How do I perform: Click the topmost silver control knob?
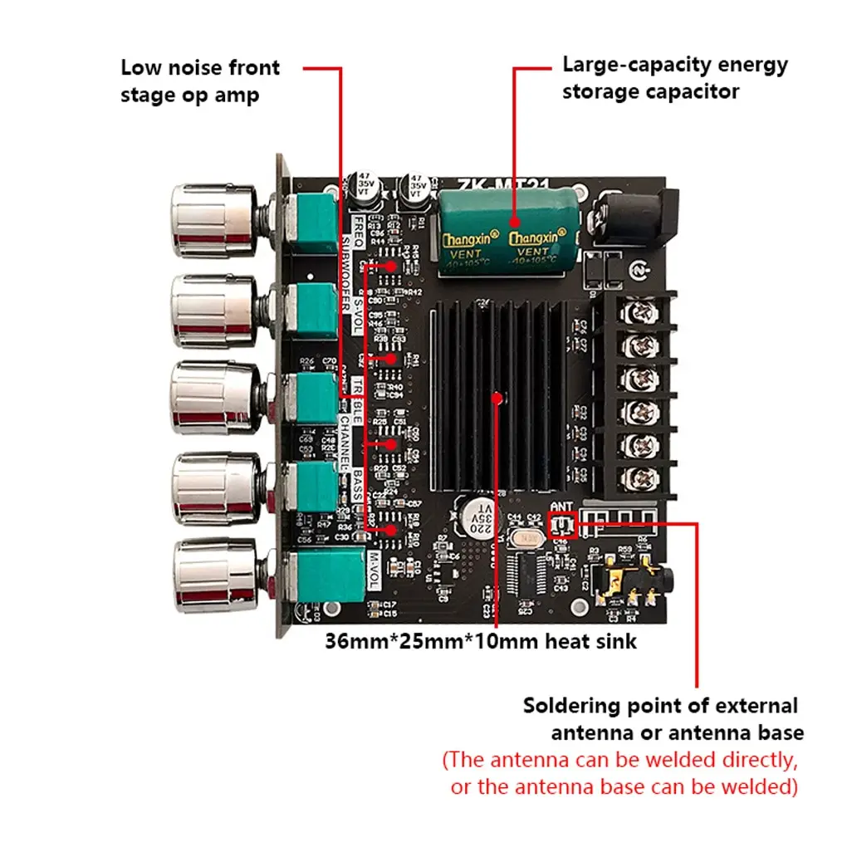point(213,220)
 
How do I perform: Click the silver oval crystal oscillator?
point(524,539)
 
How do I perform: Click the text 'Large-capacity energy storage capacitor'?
point(674,77)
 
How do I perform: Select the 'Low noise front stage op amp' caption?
point(200,81)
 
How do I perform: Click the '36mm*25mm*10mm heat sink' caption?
point(481,641)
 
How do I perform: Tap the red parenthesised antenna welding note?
point(620,772)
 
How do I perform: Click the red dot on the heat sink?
point(497,398)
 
